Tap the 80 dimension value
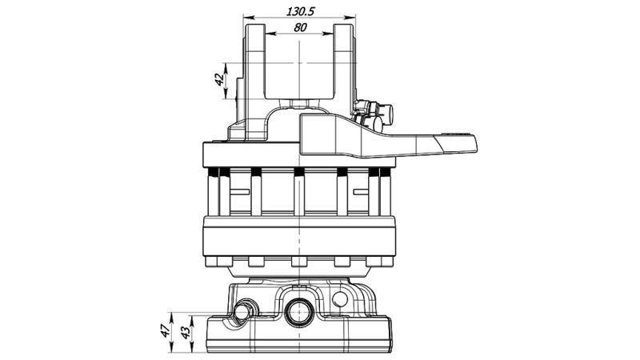(x=300, y=27)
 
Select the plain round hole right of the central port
(x=341, y=300)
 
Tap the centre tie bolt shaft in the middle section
(x=299, y=196)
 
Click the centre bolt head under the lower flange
(x=299, y=261)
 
